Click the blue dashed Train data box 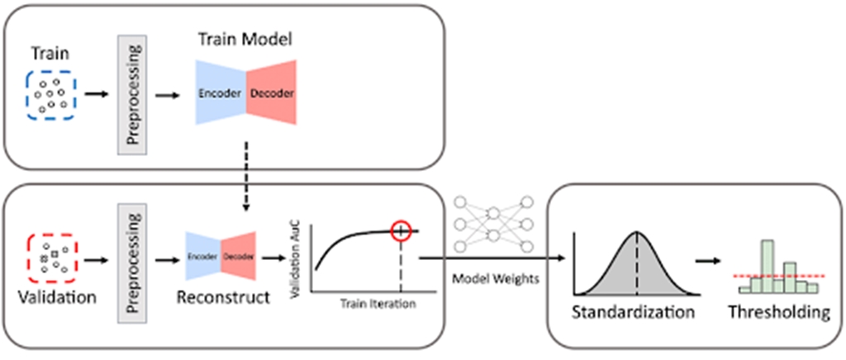(51, 95)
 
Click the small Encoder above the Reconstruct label (202, 257)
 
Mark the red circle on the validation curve (401, 231)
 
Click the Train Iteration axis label (377, 304)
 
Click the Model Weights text (496, 278)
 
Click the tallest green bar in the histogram (768, 265)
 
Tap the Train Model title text (245, 39)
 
